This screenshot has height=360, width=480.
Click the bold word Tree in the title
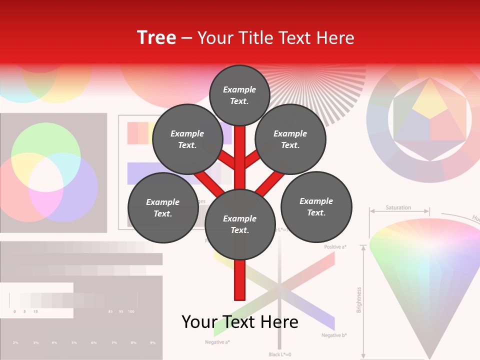point(156,37)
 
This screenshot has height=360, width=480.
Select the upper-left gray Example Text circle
point(187,139)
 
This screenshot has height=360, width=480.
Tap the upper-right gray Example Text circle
point(290,139)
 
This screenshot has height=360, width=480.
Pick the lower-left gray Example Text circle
point(163,207)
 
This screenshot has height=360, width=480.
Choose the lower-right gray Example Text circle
point(316,206)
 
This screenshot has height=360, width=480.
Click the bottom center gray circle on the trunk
point(240,224)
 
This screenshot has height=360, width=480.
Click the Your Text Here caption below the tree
point(240,322)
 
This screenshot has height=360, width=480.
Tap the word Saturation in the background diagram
point(398,207)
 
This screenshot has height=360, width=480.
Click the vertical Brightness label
point(359,299)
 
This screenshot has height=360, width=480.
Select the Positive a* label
point(335,247)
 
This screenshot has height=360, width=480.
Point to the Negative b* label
point(334,335)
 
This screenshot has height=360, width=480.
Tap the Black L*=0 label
point(279,354)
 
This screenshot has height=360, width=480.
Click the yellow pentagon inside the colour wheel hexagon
point(430,100)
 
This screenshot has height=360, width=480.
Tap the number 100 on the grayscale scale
point(131,312)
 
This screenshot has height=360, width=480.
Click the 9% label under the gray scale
point(152,343)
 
